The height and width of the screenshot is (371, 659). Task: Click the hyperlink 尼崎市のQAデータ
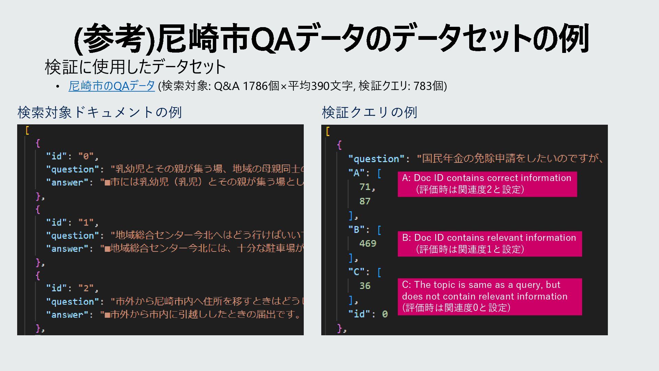tap(112, 86)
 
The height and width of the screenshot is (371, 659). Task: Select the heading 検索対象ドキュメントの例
tap(100, 112)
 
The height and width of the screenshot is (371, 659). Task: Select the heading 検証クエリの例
tap(369, 112)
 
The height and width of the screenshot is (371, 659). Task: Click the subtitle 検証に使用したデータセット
tap(135, 67)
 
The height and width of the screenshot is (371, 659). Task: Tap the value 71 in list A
tap(366, 187)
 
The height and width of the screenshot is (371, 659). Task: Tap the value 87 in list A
tap(365, 201)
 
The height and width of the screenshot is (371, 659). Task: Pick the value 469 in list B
tap(368, 244)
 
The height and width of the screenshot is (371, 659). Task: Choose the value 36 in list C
tap(365, 286)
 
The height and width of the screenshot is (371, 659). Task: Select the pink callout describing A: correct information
tap(487, 184)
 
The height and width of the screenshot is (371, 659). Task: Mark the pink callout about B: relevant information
tap(489, 244)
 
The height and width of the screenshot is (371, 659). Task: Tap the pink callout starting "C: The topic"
tap(489, 296)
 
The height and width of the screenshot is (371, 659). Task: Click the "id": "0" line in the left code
tap(72, 156)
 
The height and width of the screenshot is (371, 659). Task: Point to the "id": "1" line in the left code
tap(72, 223)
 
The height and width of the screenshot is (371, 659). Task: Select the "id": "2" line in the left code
tap(72, 288)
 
